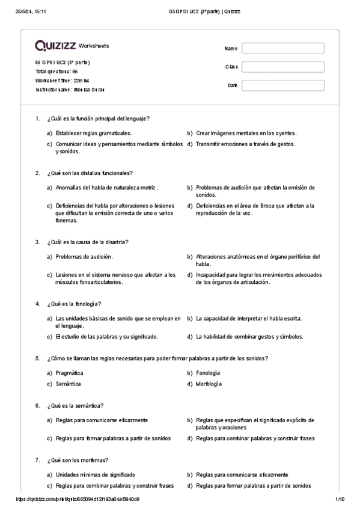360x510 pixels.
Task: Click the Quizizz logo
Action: [55, 46]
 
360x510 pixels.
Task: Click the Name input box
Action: [282, 48]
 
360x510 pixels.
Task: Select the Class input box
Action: [282, 67]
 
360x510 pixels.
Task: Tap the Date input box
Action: [282, 85]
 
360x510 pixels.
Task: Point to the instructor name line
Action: [70, 89]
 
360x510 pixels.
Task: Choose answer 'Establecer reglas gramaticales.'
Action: [93, 133]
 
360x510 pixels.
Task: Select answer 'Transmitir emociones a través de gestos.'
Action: [245, 144]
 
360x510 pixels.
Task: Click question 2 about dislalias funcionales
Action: [90, 173]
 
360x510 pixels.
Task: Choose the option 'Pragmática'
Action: [69, 373]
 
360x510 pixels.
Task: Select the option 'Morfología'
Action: [209, 384]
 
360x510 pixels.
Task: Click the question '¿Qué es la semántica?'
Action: [75, 405]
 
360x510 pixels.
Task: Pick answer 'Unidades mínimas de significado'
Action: [95, 475]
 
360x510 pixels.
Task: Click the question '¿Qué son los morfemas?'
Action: [77, 460]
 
